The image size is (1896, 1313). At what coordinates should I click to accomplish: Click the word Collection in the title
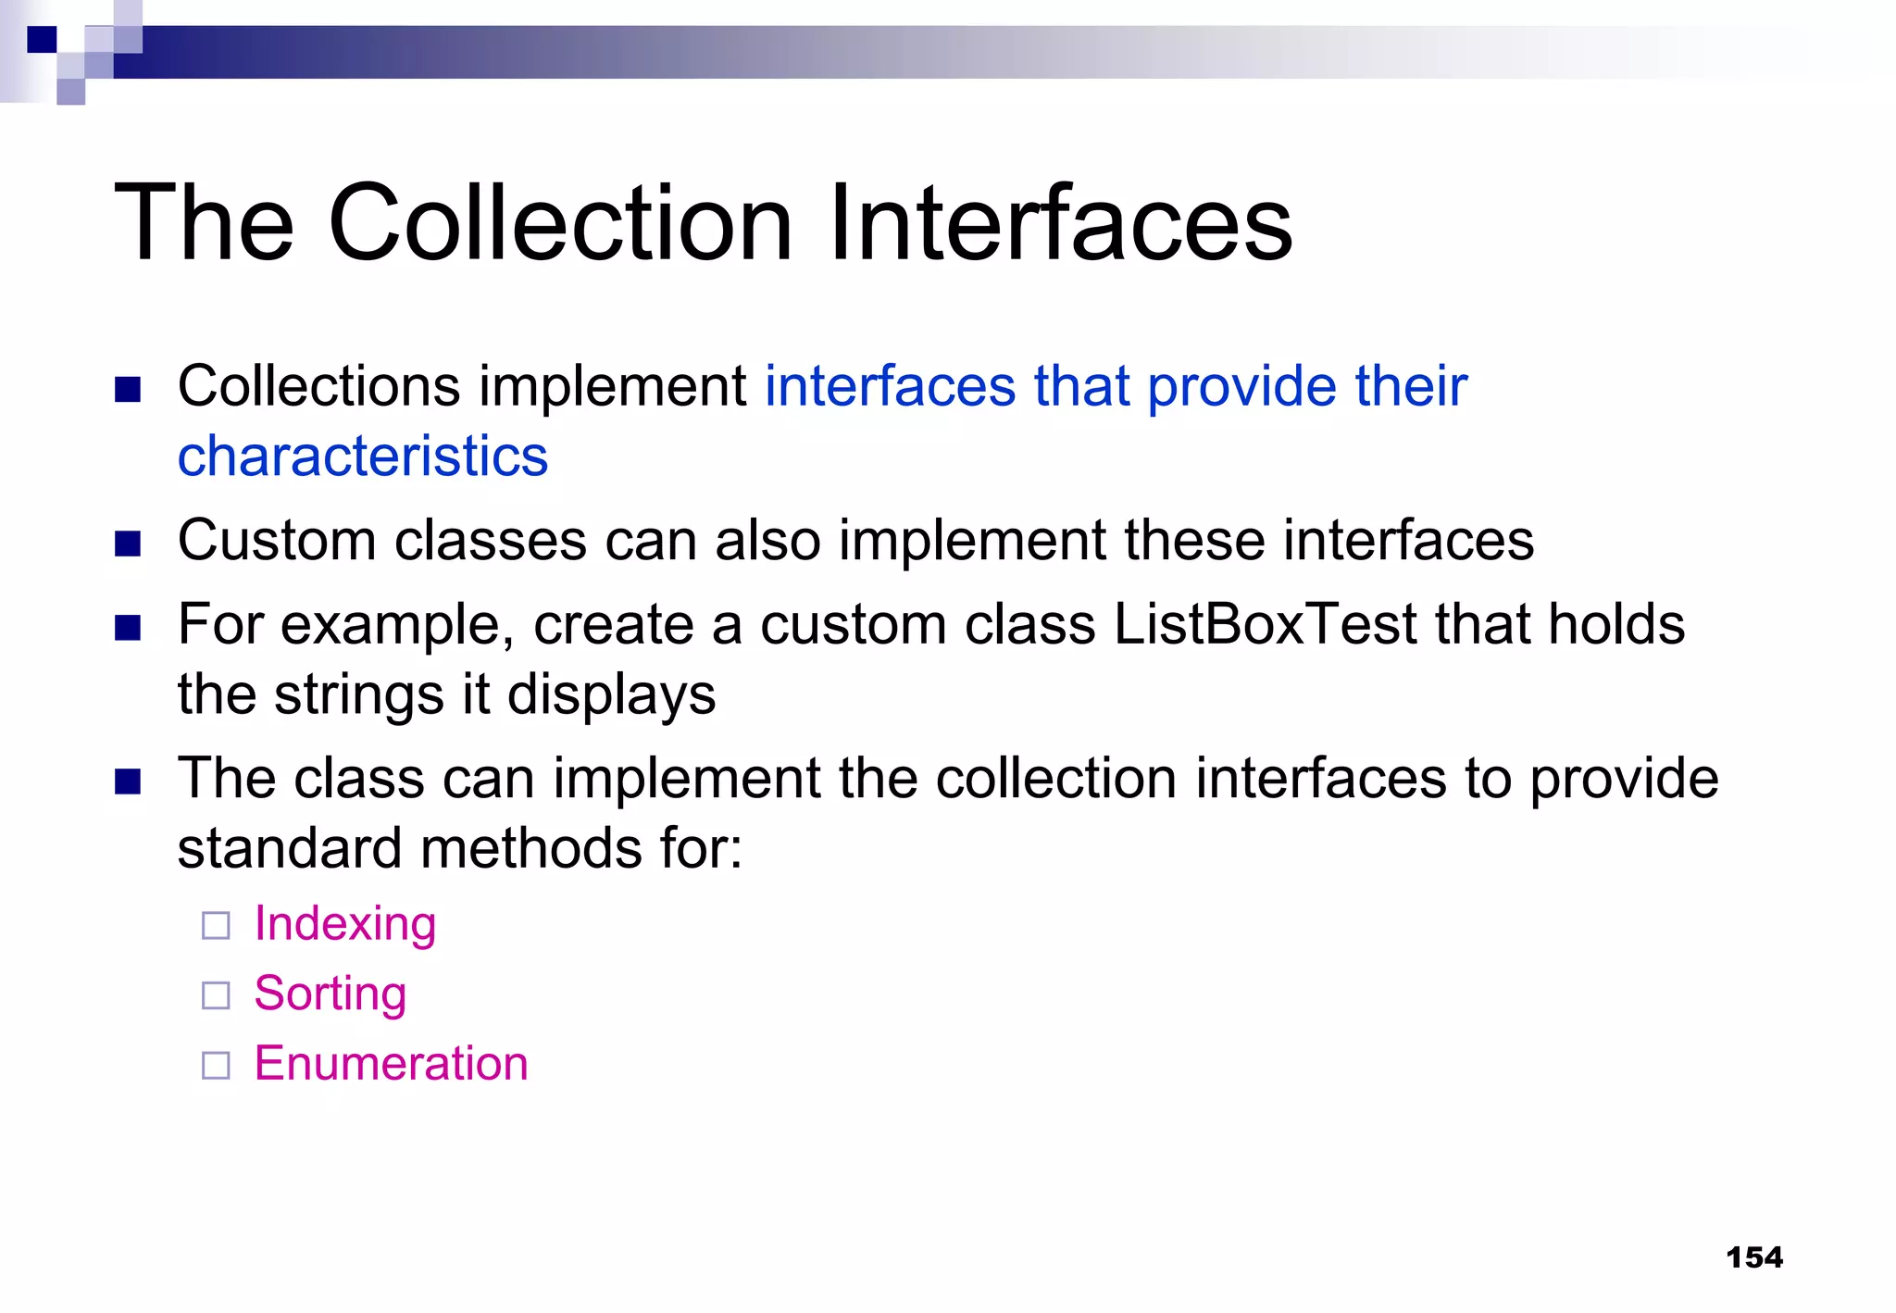[559, 224]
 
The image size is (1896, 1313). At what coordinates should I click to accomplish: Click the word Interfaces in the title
[1060, 224]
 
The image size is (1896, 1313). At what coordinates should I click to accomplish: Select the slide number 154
[1753, 1257]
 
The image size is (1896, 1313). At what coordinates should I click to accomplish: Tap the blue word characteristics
[363, 456]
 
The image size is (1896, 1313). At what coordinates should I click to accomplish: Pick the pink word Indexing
[345, 924]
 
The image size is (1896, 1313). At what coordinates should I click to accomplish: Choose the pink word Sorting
[331, 994]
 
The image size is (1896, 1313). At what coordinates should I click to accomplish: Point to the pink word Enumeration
[392, 1064]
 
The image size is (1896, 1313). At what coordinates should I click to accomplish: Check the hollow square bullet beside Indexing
[216, 926]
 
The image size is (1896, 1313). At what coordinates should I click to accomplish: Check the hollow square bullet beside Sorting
[216, 995]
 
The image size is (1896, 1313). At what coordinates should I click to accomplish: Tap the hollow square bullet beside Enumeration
[216, 1066]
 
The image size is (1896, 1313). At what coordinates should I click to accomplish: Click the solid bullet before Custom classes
[128, 543]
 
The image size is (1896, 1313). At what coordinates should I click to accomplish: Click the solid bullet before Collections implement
[128, 389]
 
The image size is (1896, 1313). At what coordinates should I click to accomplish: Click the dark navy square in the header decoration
[42, 40]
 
